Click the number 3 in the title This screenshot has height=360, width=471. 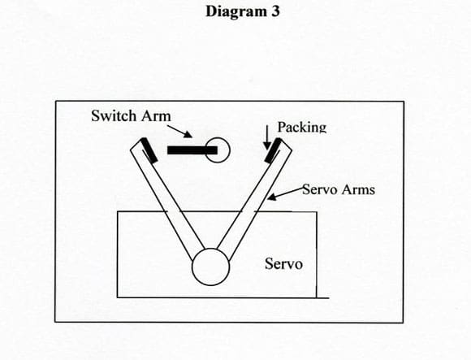(274, 11)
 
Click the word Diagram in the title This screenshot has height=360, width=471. (235, 12)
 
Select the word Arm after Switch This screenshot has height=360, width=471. (156, 116)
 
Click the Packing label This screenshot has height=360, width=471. (301, 127)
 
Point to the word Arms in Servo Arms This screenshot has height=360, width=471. (358, 189)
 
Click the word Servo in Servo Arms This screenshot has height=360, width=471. (320, 189)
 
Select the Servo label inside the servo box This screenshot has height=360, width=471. (283, 263)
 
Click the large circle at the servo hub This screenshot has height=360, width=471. (211, 267)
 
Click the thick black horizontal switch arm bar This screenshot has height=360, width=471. (192, 150)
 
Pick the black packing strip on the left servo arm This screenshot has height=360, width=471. (149, 150)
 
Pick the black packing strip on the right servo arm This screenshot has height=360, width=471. (274, 150)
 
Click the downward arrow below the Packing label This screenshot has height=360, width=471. (266, 137)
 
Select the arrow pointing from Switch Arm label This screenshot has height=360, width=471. (179, 132)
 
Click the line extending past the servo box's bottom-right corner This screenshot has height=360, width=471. (323, 298)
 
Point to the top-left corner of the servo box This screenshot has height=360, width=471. (118, 211)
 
